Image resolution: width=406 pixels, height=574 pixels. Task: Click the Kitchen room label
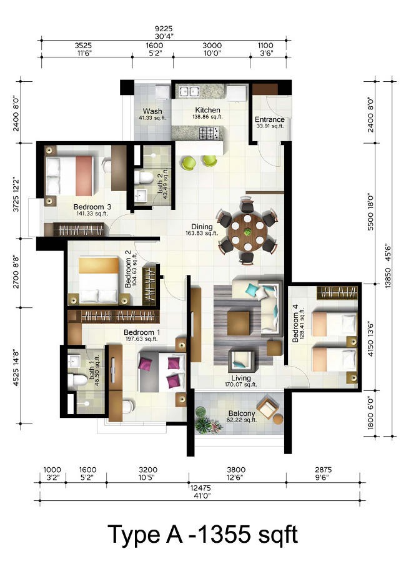[x=207, y=110]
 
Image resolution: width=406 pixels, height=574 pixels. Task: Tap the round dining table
[x=247, y=232]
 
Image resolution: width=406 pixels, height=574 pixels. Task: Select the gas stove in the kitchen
[x=210, y=133]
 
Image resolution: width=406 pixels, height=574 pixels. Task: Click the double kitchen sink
[x=188, y=91]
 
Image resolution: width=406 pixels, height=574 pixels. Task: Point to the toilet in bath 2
[x=144, y=177]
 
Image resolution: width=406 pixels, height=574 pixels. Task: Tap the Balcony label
[x=242, y=413]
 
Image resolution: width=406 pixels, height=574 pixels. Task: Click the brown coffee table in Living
[x=239, y=324]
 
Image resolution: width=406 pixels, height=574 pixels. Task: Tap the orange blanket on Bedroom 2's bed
[x=99, y=265]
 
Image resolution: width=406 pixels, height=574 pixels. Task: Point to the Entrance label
[x=269, y=119]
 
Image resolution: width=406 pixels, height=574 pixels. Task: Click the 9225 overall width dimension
[x=164, y=29]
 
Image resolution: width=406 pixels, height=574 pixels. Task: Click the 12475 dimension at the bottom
[x=201, y=488]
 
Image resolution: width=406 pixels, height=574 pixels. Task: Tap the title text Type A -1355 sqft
[x=203, y=535]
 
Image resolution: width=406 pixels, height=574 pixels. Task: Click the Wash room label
[x=152, y=111]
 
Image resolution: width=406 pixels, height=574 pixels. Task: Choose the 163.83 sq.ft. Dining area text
[x=202, y=233]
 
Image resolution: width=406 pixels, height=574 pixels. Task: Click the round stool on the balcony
[x=278, y=418]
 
